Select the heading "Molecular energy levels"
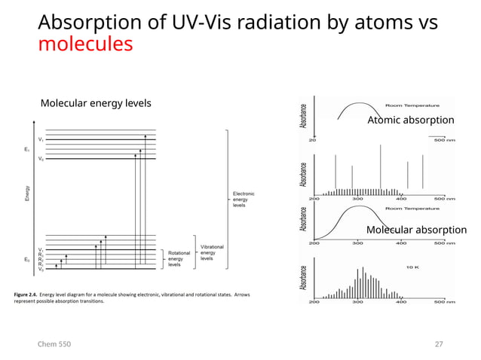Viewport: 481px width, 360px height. pyautogui.click(x=96, y=103)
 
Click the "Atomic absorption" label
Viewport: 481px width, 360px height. pyautogui.click(x=410, y=121)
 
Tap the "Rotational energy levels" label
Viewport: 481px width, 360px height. pyautogui.click(x=179, y=258)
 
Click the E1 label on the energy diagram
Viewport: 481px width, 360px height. pyautogui.click(x=27, y=149)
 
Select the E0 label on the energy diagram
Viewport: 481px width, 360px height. pyautogui.click(x=27, y=259)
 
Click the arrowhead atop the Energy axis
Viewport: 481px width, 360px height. pyautogui.click(x=32, y=121)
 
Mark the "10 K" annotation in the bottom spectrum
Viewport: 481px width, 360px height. pyautogui.click(x=413, y=267)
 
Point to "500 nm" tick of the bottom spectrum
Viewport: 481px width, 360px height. pyautogui.click(x=445, y=302)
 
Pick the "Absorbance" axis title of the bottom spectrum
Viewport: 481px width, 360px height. pyautogui.click(x=303, y=278)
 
